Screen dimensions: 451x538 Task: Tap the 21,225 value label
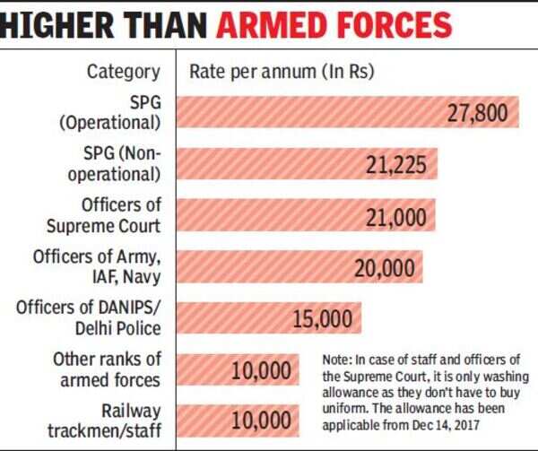click(x=400, y=165)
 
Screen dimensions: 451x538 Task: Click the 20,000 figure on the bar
click(x=383, y=267)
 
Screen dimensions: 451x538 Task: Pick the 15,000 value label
click(x=323, y=318)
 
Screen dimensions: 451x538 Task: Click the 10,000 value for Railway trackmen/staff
click(x=261, y=420)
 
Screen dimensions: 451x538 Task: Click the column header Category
click(x=123, y=71)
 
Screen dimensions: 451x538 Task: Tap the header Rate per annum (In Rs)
click(x=280, y=71)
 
